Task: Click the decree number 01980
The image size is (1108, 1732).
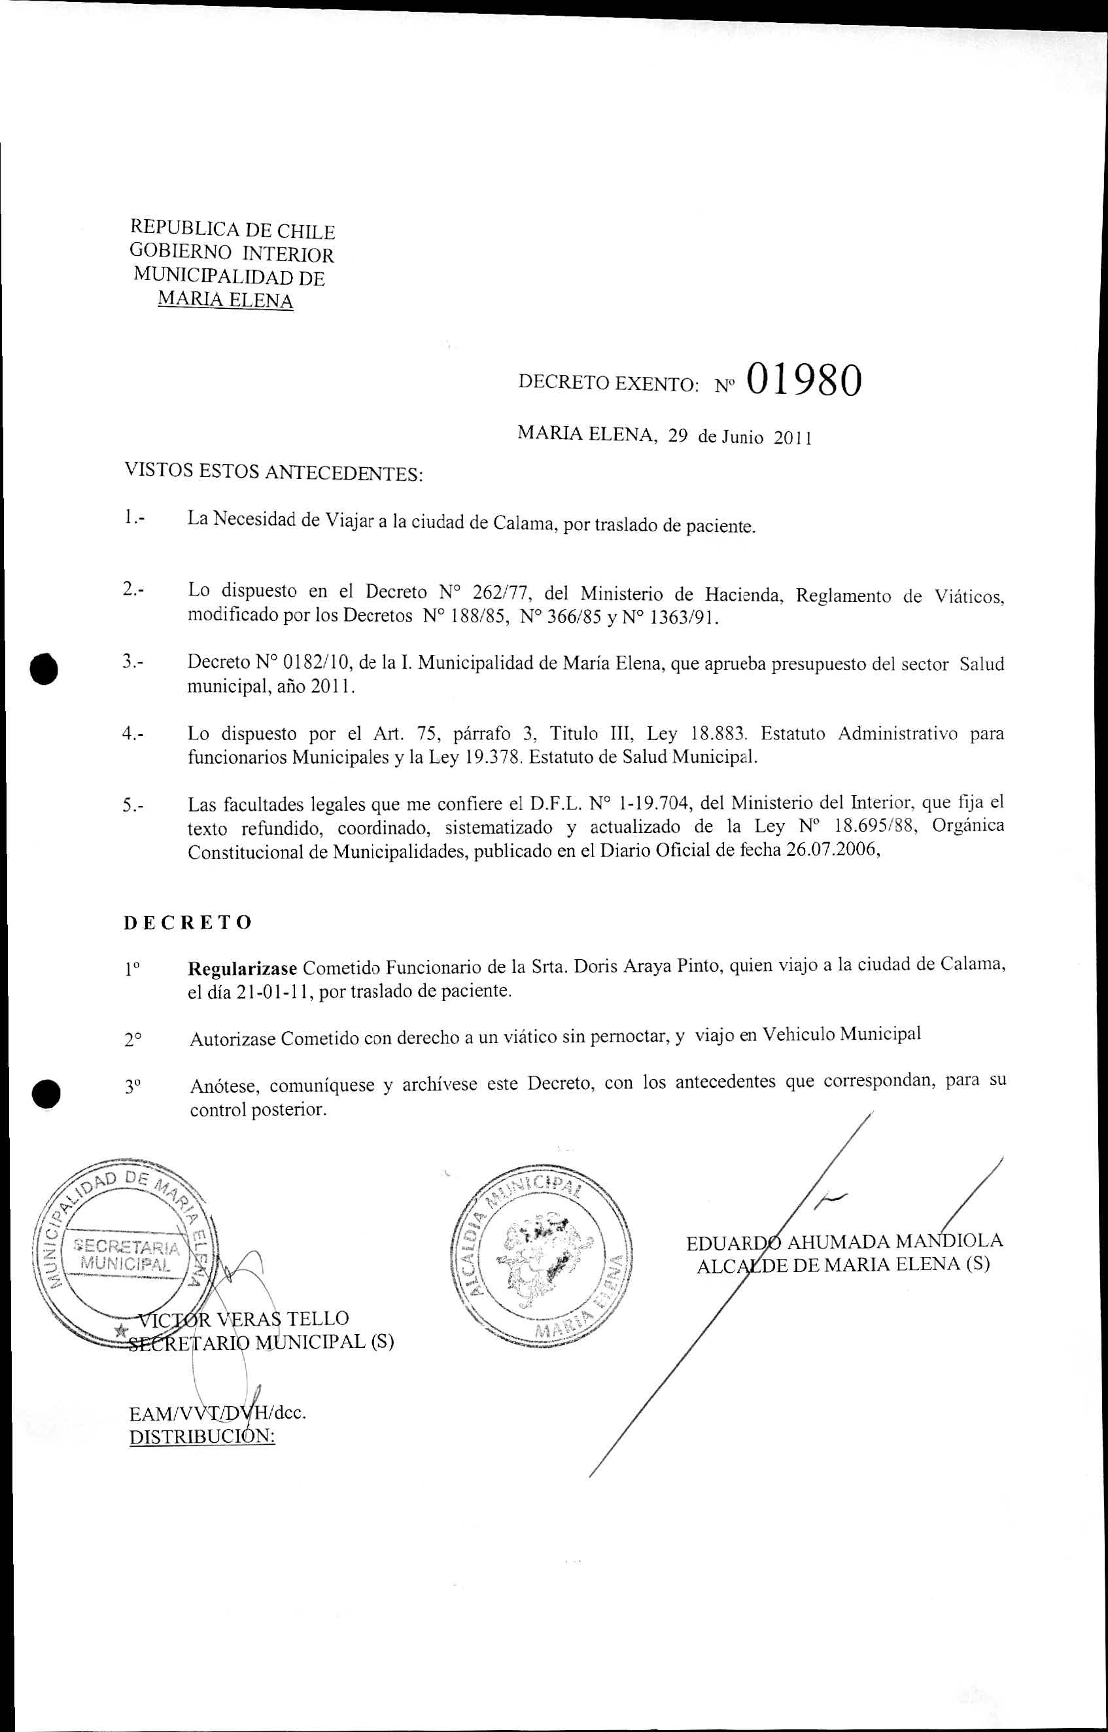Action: click(803, 380)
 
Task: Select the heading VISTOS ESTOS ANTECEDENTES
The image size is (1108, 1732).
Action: click(273, 473)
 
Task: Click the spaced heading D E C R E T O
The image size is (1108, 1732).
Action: click(188, 923)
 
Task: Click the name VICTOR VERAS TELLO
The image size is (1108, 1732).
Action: click(243, 1318)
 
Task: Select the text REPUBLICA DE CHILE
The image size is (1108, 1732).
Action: click(232, 230)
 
